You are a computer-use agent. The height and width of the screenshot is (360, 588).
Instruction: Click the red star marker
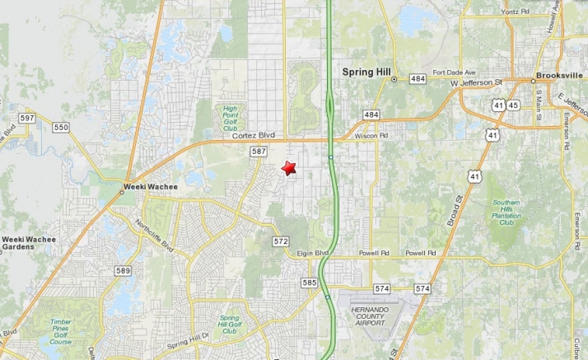(288, 168)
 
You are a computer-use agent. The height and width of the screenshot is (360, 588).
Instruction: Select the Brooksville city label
(559, 75)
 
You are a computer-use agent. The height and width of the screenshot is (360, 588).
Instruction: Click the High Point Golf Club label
(230, 117)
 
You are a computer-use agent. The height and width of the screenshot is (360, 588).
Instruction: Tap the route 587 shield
(259, 152)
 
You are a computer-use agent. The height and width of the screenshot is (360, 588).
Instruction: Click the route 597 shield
(27, 119)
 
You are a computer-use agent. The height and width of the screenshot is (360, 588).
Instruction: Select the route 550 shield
(61, 127)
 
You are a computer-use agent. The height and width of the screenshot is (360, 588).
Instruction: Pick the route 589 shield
(123, 270)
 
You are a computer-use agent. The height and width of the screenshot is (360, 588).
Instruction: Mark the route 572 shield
(281, 241)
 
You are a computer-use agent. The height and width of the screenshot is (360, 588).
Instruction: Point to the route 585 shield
(309, 283)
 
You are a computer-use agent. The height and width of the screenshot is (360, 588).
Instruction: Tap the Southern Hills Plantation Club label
(506, 213)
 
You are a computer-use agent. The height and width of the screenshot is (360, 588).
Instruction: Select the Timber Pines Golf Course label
(60, 331)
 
